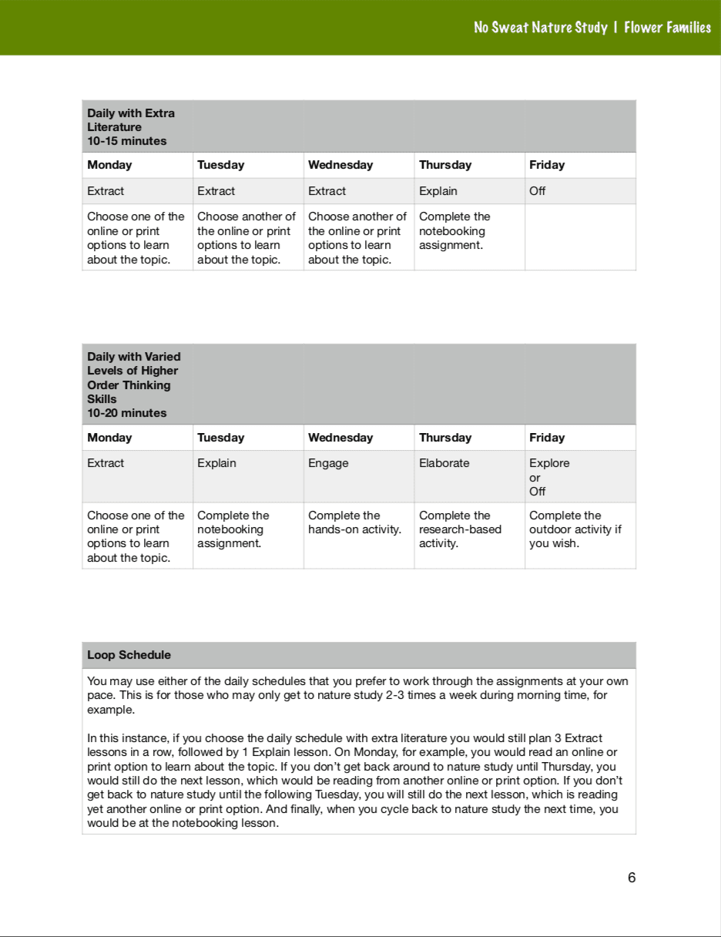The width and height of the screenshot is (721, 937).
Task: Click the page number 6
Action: pos(632,878)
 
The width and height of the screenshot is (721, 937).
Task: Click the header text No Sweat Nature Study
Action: pos(540,28)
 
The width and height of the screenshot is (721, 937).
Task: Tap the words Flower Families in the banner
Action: pos(668,28)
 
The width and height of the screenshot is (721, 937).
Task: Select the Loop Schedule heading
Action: pos(129,655)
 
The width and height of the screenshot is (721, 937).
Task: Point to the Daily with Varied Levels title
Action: pos(134,378)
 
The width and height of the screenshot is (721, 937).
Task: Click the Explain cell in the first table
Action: pos(438,191)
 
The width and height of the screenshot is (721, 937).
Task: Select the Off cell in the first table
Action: pos(538,191)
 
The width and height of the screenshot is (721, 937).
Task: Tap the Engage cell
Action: pos(328,463)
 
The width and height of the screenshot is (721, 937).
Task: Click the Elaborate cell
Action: pos(444,463)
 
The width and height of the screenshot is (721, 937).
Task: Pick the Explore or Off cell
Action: pos(549,477)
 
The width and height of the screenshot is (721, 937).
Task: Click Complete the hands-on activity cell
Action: pos(354,522)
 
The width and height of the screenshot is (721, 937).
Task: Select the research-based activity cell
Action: pos(460,529)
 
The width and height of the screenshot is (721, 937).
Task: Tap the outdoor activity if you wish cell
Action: pos(575,529)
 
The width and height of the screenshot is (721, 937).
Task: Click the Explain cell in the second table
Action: pos(216,463)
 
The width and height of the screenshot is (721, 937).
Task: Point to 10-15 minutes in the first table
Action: pos(127,141)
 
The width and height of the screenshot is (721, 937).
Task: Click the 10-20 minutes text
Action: pos(127,413)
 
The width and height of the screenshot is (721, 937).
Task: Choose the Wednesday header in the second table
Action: pos(340,438)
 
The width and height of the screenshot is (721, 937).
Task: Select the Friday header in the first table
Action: pos(547,165)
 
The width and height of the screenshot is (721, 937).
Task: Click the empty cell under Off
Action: pos(580,237)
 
